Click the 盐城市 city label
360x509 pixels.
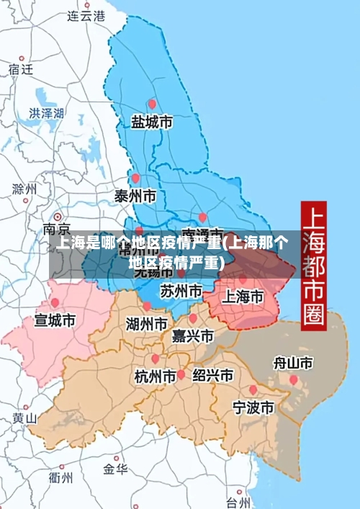click(151, 122)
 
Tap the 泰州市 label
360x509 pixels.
click(135, 195)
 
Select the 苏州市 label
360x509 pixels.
click(181, 292)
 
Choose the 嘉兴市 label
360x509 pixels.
click(193, 336)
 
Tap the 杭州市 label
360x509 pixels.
click(155, 376)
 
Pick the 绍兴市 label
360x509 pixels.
click(212, 375)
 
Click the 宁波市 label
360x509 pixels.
click(253, 407)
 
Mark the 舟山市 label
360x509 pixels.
click(293, 363)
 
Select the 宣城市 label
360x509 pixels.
click(55, 320)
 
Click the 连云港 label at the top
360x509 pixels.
click(86, 15)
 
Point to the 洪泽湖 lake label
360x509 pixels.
click(47, 113)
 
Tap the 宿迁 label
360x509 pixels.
click(21, 69)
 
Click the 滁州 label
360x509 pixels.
click(24, 189)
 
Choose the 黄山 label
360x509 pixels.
click(24, 418)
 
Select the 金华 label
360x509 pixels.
click(115, 469)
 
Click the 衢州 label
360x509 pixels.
click(60, 477)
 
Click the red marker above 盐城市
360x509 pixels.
click(151, 104)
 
